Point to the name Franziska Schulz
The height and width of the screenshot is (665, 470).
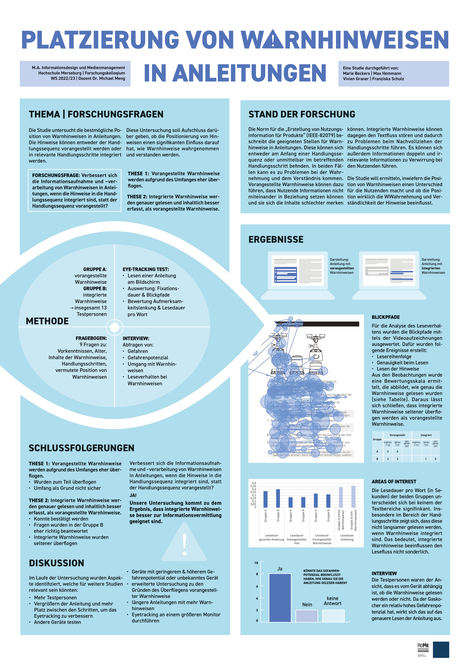(x=388, y=79)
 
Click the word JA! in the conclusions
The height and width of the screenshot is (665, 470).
(x=133, y=495)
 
